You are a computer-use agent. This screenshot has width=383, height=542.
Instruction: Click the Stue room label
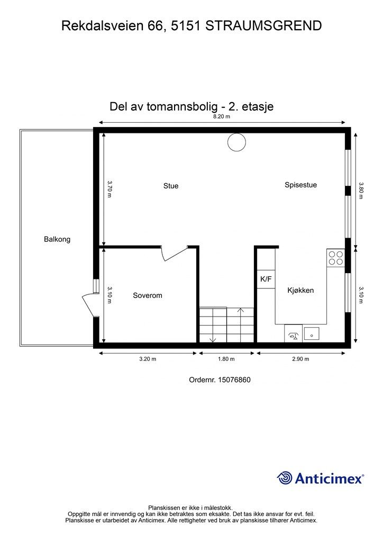[x=170, y=186]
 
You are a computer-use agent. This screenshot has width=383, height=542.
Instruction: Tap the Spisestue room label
[x=300, y=185]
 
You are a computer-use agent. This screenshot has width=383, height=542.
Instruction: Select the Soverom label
[x=147, y=295]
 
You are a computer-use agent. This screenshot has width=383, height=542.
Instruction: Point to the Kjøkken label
[x=300, y=290]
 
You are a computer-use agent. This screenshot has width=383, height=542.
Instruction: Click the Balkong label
[x=57, y=239]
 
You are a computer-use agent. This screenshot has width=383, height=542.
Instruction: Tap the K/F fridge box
[x=266, y=279]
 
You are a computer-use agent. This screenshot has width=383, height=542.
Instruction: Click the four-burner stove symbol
[x=336, y=257]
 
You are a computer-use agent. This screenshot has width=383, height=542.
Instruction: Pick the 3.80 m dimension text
[x=361, y=191]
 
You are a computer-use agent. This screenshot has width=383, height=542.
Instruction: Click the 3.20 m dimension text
[x=147, y=359]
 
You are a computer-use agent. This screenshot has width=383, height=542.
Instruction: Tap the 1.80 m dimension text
[x=226, y=359]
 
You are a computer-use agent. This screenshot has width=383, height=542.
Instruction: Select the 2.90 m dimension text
[x=300, y=359]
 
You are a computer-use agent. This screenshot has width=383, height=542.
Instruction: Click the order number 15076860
[x=220, y=380]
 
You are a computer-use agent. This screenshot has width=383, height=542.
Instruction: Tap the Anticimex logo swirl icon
[x=285, y=478]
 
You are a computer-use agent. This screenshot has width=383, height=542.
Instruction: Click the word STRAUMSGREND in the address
[x=263, y=25]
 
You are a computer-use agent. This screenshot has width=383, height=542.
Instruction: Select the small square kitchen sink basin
[x=312, y=333]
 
